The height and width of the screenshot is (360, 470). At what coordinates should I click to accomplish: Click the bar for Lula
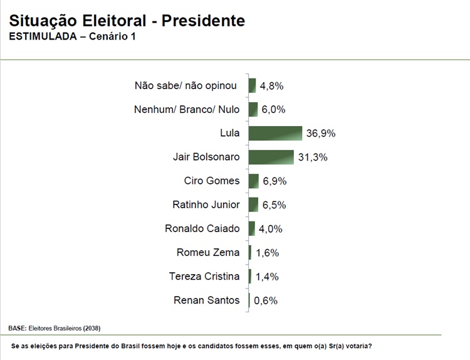point(275,133)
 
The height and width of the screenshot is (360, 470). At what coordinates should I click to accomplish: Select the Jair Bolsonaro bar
point(271,157)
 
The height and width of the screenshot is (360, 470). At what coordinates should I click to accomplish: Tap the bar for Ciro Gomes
point(253,181)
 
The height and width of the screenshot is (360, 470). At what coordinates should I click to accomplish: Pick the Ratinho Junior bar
point(253,204)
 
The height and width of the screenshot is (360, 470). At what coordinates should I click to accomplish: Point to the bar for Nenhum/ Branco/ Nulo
point(253,109)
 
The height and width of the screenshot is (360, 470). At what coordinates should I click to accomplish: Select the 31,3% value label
point(313,157)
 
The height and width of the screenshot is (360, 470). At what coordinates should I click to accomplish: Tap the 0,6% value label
point(266,300)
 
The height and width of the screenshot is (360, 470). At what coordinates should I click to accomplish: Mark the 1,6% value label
point(266,252)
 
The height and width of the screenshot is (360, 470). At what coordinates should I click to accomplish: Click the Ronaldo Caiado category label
point(202,228)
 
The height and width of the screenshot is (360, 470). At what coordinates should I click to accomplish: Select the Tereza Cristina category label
point(204,276)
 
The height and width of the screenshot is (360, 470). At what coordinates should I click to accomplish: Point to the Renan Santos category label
point(206,300)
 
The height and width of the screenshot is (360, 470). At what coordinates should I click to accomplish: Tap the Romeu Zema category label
point(208,252)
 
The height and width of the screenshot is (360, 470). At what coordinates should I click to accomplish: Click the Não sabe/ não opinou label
point(187,85)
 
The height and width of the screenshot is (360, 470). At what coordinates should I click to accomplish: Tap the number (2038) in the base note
point(91,328)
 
